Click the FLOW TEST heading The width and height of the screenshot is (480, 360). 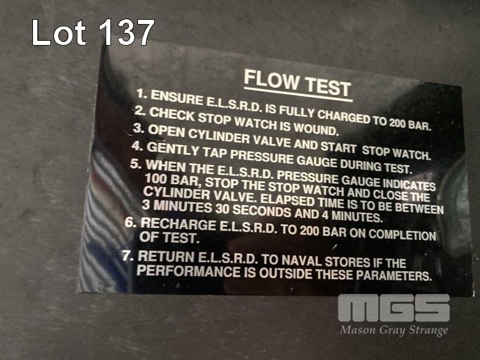[298, 83]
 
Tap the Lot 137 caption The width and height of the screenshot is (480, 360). [93, 32]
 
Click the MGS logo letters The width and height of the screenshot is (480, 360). [394, 308]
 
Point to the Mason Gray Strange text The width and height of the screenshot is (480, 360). [394, 331]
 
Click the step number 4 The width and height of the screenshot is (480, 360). [137, 146]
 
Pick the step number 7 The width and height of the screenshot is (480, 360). [128, 256]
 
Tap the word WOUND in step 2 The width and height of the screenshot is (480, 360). [316, 128]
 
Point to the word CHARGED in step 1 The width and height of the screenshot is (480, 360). [343, 116]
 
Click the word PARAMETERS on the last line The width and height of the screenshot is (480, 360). [394, 275]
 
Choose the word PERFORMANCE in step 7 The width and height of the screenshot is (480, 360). [188, 271]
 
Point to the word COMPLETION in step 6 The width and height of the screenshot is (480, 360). [402, 234]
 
